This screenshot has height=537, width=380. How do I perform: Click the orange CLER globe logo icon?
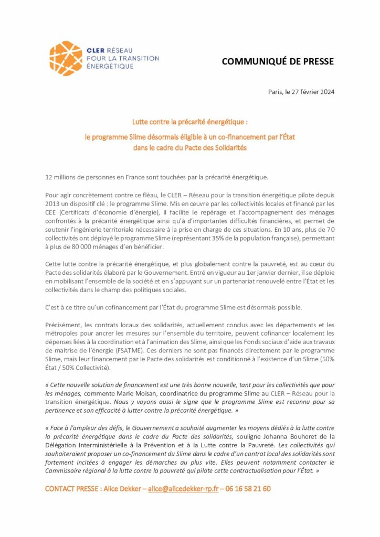click(x=66, y=58)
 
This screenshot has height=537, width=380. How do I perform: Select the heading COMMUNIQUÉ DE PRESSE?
click(x=278, y=61)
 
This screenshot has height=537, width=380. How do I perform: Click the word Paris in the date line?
click(x=275, y=92)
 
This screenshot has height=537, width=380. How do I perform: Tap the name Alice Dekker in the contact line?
click(x=124, y=489)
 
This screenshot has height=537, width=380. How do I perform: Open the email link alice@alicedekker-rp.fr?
click(x=183, y=489)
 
